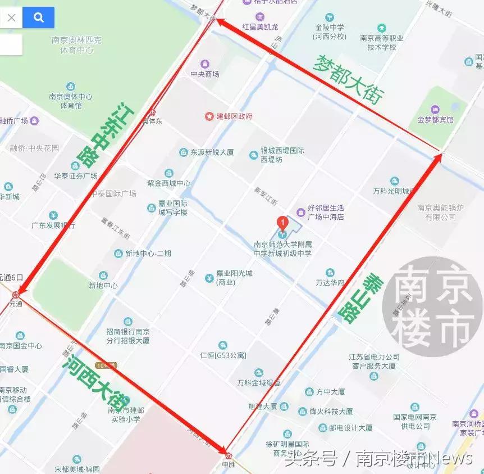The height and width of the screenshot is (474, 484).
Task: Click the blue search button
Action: pos(38,17)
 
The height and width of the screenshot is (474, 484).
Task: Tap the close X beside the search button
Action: pos(11,17)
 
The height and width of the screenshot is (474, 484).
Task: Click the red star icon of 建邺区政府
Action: pos(209,116)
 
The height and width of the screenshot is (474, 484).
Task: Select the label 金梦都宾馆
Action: pos(435,119)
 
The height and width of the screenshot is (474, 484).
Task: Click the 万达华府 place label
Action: pos(330,282)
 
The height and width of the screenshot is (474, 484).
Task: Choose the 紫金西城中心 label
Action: pos(169,183)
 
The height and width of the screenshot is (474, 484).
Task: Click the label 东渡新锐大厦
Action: pos(212,152)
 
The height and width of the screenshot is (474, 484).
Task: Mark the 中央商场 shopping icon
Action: pos(204,63)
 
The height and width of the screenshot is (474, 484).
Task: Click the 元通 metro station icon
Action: pos(16,294)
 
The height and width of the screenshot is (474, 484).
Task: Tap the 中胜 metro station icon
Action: pos(227,455)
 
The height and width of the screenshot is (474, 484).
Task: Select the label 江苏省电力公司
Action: pos(374,357)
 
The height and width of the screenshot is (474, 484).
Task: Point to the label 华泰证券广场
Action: pos(76,175)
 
